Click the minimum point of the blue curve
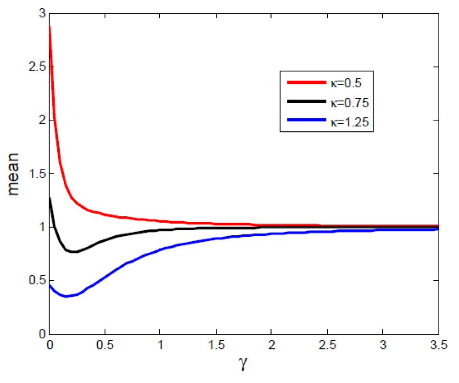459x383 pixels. (67, 296)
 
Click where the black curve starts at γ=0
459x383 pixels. (50, 198)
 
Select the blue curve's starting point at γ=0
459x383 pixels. (50, 285)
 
